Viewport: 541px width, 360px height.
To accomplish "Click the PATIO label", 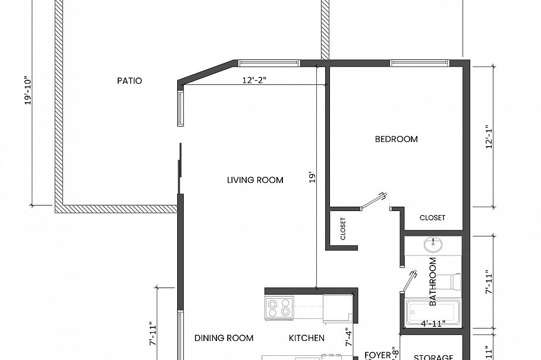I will [129, 81].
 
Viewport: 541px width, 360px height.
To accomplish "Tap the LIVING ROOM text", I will [255, 180].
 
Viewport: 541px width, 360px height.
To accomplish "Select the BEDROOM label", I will [396, 139].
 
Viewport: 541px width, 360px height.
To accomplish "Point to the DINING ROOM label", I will [224, 338].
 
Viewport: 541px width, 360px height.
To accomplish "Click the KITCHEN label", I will [307, 338].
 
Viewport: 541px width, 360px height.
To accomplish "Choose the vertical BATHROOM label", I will [433, 282].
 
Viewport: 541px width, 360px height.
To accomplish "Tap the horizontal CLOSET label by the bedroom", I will [432, 217].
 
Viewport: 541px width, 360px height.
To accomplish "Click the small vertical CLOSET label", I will [343, 228].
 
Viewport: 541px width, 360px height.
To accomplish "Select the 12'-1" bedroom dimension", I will [489, 137].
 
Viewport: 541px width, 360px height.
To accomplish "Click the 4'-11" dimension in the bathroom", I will [433, 324].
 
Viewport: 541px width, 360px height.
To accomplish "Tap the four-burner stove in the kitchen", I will [279, 307].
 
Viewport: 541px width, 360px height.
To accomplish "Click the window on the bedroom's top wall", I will [419, 63].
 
